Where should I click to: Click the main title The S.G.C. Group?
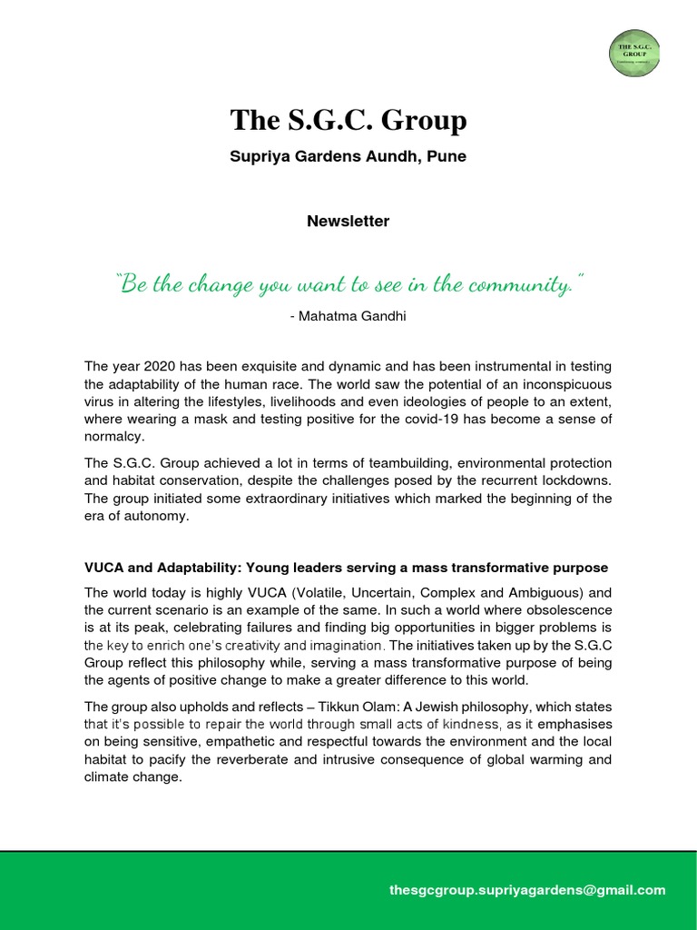(348, 120)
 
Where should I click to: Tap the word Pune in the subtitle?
(448, 156)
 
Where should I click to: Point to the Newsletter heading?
(348, 221)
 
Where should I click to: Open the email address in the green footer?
(526, 890)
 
